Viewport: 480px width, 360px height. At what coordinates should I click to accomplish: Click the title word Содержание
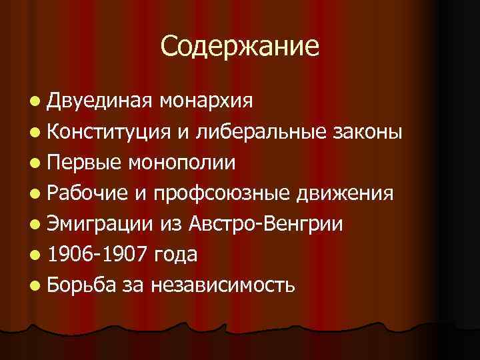[x=240, y=46]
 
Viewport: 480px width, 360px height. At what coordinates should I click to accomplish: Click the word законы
[x=367, y=131]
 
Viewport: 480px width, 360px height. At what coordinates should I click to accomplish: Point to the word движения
[x=344, y=193]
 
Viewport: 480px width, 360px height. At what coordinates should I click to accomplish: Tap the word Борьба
[x=83, y=285]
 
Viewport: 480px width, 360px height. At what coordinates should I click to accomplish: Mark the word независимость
[x=223, y=285]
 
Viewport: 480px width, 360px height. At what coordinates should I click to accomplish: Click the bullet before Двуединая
[x=35, y=101]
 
